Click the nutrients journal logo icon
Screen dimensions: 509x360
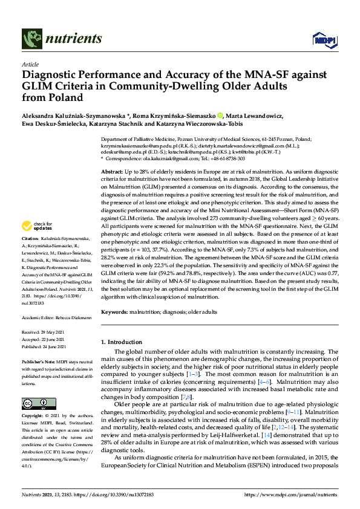pos(30,39)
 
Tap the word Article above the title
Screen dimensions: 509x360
pos(30,64)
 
